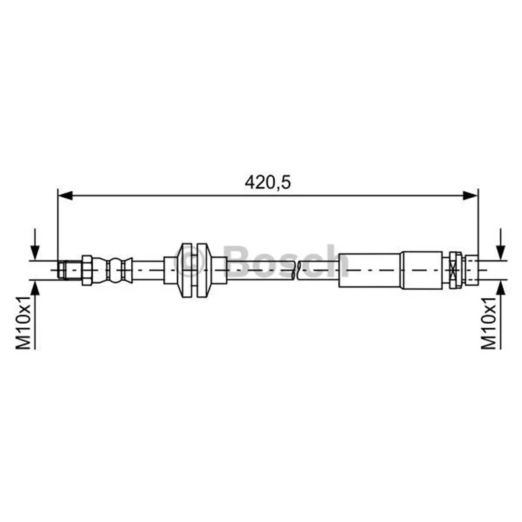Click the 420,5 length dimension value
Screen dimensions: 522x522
tap(268, 183)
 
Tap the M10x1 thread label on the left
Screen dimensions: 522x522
tap(23, 322)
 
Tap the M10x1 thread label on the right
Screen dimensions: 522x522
tap(489, 322)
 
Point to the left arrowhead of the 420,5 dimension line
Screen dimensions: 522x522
tap(65, 196)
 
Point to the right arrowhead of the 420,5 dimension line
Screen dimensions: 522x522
tap(470, 196)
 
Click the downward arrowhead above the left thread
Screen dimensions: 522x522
tap(35, 253)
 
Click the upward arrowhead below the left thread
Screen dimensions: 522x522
tap(35, 288)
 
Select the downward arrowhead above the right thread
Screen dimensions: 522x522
tap(500, 253)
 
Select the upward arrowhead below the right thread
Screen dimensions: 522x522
tap(500, 288)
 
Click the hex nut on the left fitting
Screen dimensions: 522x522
tap(87, 270)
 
